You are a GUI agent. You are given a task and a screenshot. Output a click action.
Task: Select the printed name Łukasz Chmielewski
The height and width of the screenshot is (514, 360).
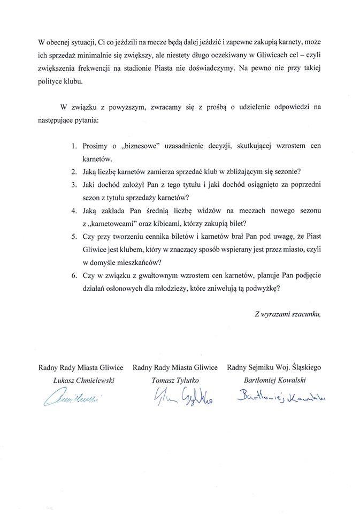click(81, 380)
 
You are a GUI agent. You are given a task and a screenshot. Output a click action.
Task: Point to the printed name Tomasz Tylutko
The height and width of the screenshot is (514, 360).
click(174, 380)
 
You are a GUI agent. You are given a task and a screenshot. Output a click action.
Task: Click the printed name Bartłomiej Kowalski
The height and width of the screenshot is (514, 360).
click(273, 380)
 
